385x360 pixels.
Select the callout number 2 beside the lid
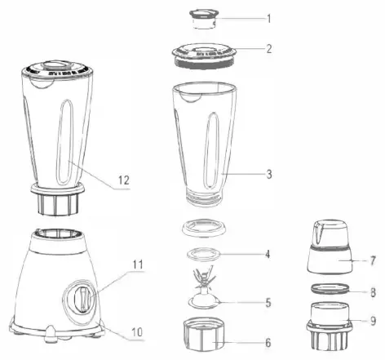pos(269,48)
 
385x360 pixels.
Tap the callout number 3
pos(269,175)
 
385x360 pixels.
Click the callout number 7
pos(371,261)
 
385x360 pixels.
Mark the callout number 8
pos(371,290)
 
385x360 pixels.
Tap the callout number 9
pos(371,322)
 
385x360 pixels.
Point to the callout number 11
pos(139,264)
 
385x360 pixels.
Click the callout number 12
pos(122,180)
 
